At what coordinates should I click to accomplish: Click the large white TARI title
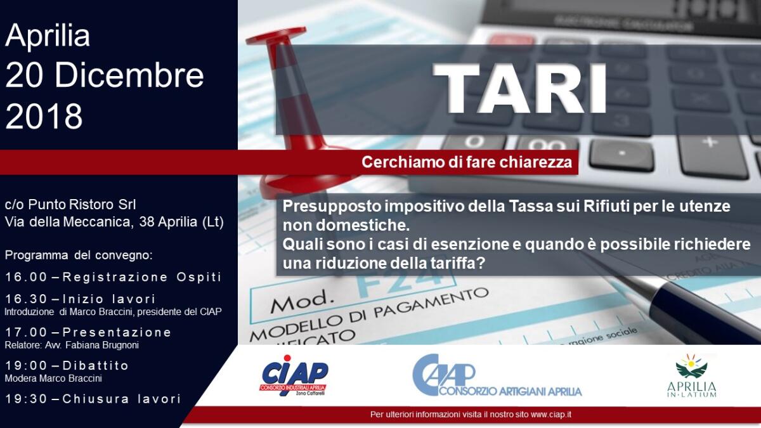click(520, 89)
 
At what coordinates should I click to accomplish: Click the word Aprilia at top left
click(48, 36)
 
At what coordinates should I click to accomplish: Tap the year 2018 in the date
click(44, 116)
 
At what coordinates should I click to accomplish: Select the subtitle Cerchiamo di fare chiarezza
click(466, 162)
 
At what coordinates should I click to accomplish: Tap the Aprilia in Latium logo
click(691, 375)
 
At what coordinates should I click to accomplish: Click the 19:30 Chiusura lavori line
click(93, 399)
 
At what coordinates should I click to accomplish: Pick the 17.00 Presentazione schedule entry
click(88, 332)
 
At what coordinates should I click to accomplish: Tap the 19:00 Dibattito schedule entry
click(67, 366)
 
